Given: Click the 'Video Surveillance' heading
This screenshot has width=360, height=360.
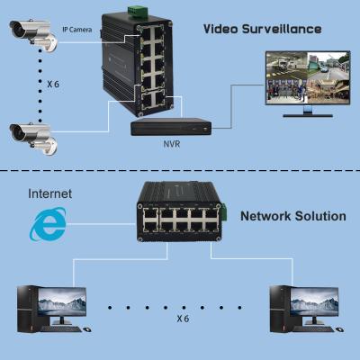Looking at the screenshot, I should (262, 29).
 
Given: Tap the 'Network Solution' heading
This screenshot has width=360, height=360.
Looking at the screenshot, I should (292, 216).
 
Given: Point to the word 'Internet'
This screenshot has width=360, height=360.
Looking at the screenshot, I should (51, 193).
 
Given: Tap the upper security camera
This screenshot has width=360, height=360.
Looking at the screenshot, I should (29, 32).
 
